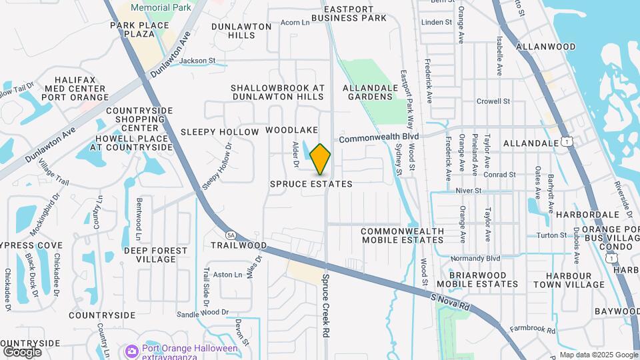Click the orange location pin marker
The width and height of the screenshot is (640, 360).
pos(320,159)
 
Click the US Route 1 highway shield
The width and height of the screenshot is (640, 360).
pos(566,142)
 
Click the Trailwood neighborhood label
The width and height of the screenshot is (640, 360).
pos(239,245)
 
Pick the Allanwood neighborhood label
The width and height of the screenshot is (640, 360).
pos(547,47)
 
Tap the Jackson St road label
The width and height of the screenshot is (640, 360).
pos(198,61)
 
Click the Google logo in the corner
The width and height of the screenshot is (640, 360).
pos(22,351)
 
